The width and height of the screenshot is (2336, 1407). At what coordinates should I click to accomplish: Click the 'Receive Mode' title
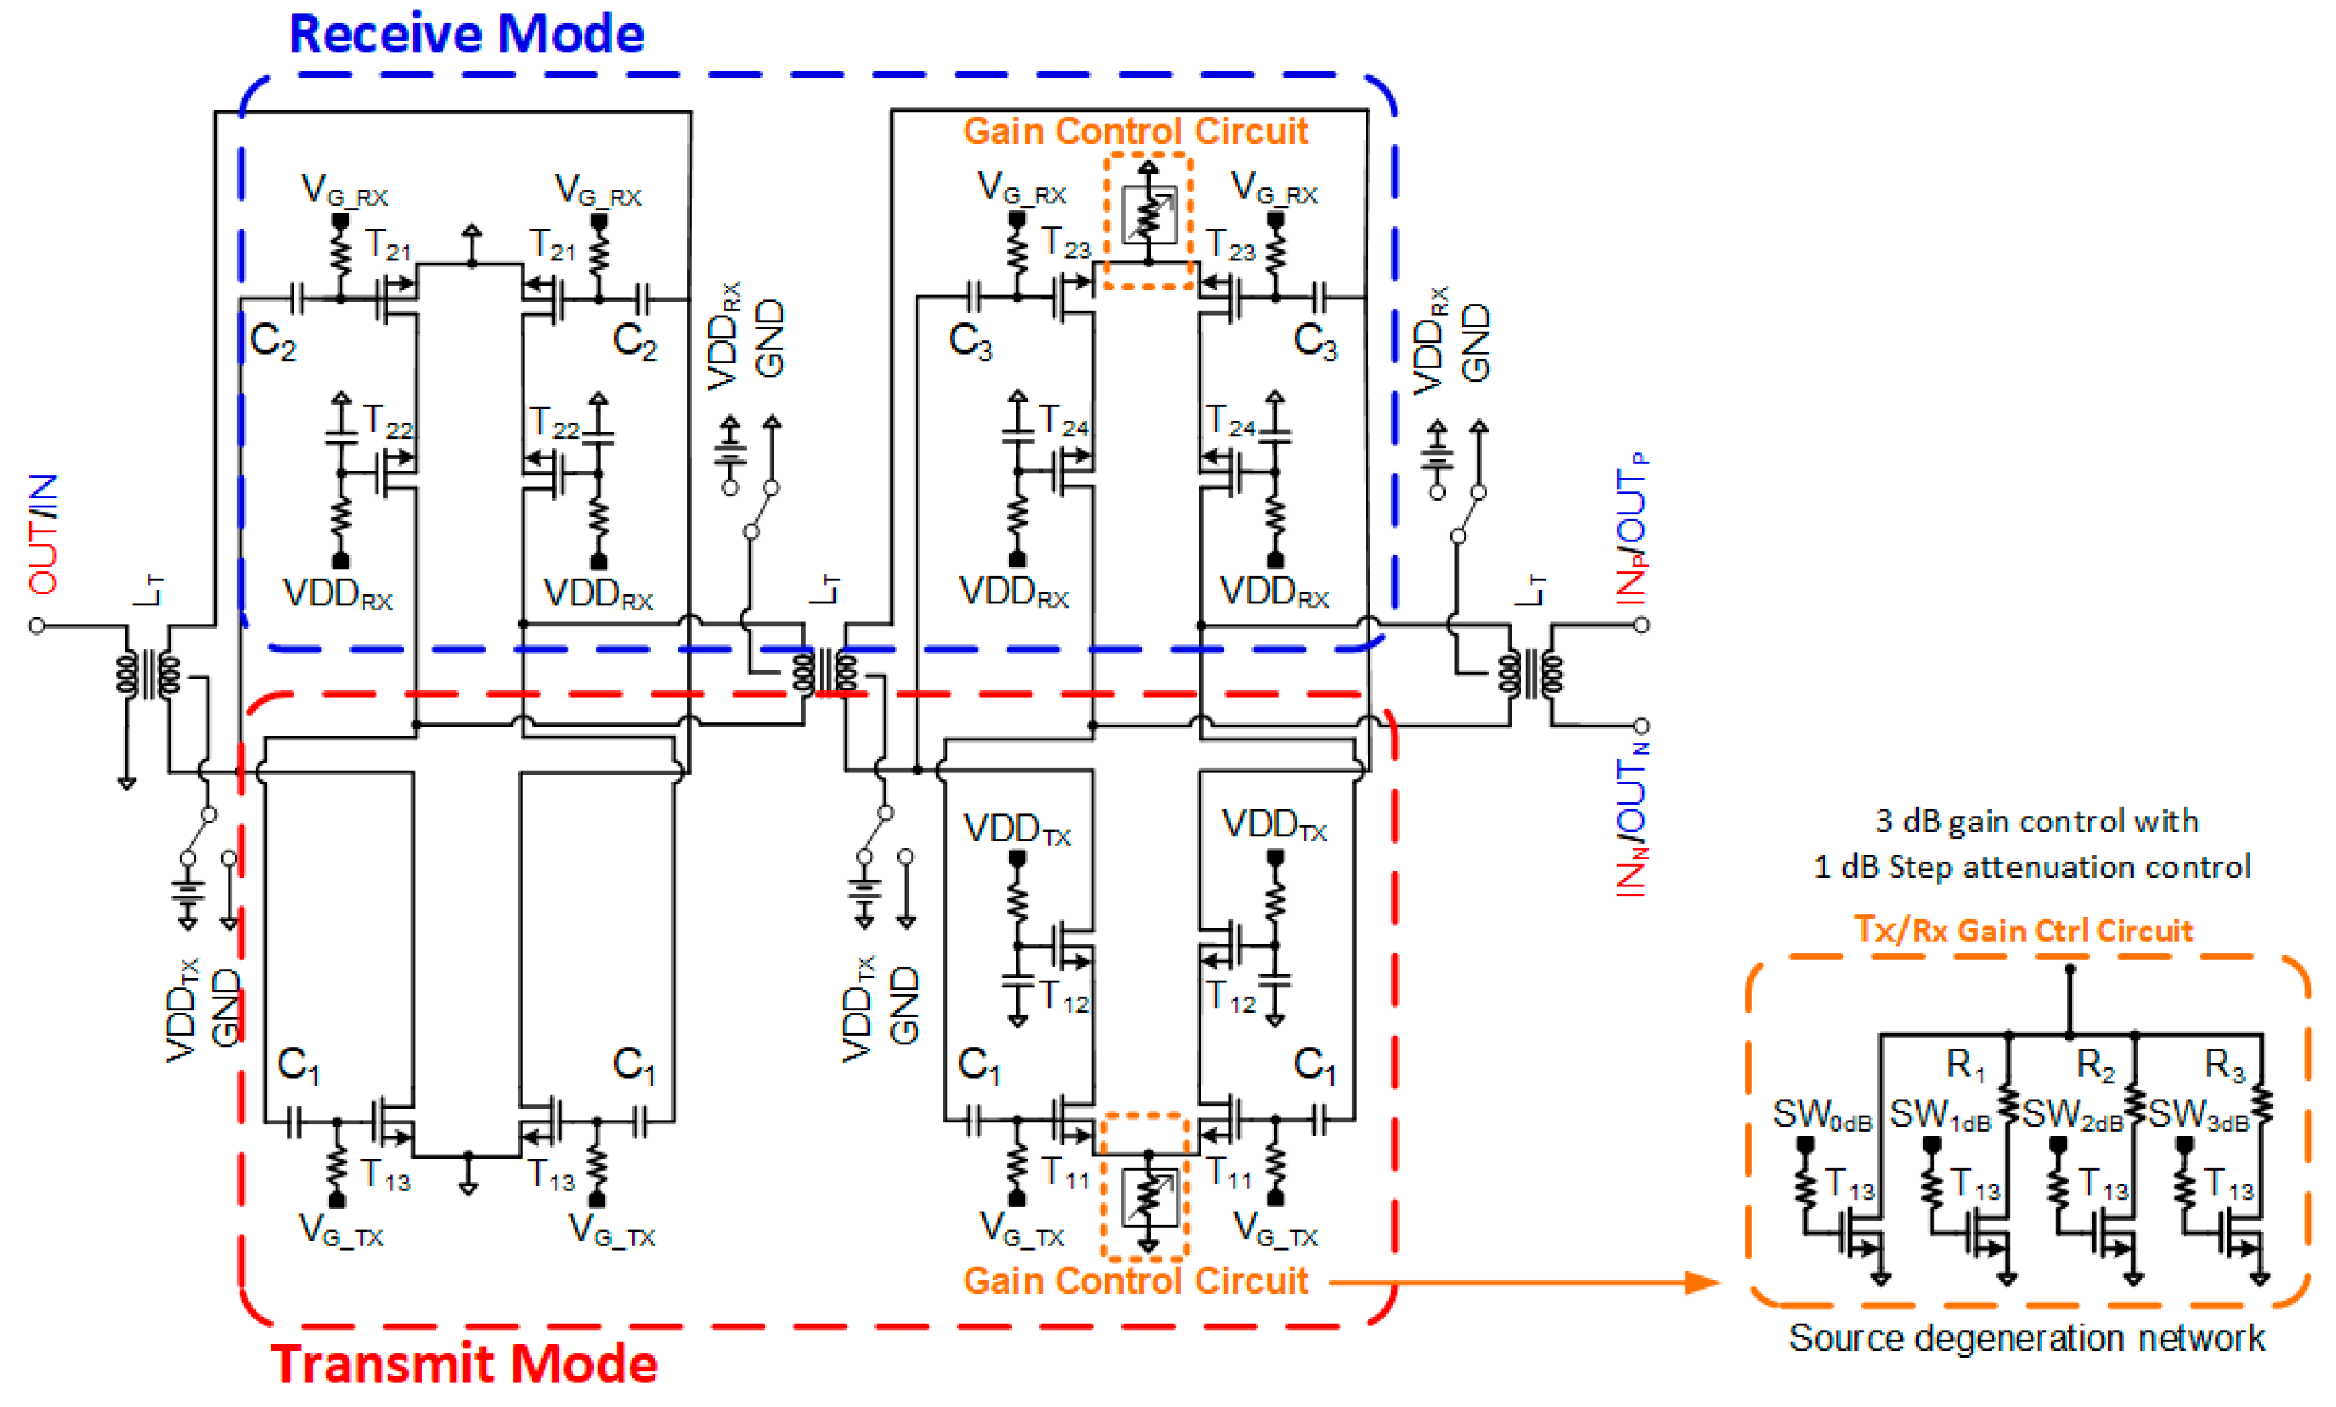pos(466,35)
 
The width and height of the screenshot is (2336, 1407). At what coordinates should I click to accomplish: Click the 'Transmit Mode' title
pos(463,1364)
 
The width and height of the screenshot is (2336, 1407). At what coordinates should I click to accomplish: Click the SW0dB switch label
pos(1821,1116)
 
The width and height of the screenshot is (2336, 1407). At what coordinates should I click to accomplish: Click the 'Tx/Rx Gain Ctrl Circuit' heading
pos(2023,931)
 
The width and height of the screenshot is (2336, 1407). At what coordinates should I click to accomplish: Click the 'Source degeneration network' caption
pos(2026,1339)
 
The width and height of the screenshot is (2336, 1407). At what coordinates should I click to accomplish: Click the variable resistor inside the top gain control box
pos(1148,215)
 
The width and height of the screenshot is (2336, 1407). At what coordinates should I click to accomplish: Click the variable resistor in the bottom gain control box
pos(1148,1197)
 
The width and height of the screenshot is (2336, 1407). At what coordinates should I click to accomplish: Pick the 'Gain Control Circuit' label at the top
pos(1135,132)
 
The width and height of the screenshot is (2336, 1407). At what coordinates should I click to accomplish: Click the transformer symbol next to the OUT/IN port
pos(148,674)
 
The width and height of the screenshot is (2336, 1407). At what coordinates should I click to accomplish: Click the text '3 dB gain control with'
pos(2036,821)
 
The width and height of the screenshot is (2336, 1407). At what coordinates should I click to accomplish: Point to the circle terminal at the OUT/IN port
pos(37,626)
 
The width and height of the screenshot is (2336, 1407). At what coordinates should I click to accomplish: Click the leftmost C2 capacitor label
pos(273,341)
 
